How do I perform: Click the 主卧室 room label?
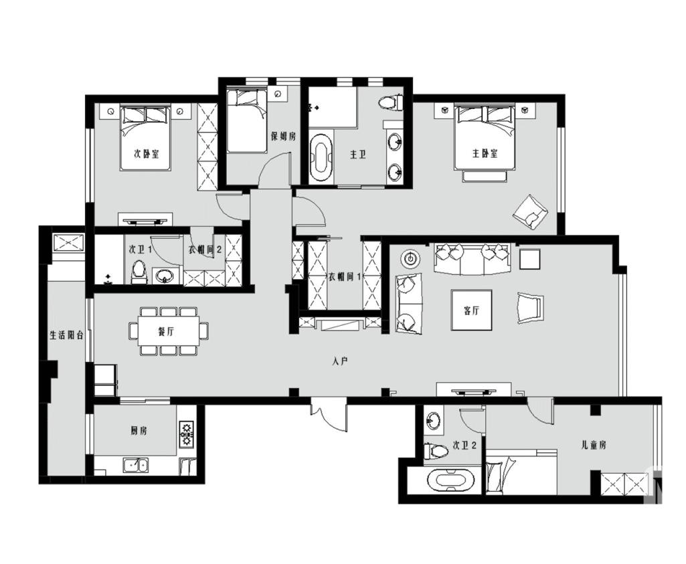(485, 153)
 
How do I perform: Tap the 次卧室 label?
(146, 154)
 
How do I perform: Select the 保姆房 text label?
(283, 136)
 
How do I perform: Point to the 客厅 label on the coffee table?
(471, 310)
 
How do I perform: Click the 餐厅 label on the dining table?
(166, 331)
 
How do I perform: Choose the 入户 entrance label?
(339, 361)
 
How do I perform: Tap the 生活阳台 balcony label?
(66, 335)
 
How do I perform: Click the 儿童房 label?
(593, 445)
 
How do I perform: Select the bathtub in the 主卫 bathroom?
(321, 158)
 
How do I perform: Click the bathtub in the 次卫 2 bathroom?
(451, 480)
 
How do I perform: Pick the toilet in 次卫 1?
(139, 272)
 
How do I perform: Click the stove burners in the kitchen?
(187, 434)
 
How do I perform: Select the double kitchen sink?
(136, 466)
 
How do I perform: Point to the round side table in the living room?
(410, 259)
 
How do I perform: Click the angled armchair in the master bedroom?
(531, 212)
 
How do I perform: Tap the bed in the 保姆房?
(247, 120)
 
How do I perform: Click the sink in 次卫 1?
(165, 276)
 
